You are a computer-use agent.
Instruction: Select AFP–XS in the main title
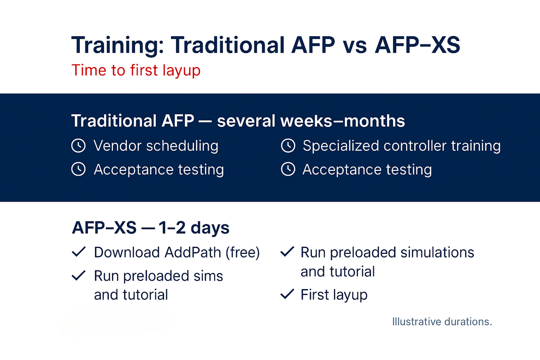click(x=417, y=45)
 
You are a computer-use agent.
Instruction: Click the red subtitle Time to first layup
click(x=136, y=71)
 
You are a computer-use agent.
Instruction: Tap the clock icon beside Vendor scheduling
click(x=78, y=146)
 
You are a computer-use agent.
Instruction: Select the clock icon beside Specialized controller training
click(x=288, y=146)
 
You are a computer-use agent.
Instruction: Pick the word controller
click(x=415, y=146)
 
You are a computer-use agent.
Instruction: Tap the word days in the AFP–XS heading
click(x=210, y=228)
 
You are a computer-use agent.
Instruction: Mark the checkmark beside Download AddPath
click(x=79, y=252)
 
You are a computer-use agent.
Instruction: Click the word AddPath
click(x=193, y=253)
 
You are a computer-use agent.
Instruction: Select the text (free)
click(x=243, y=253)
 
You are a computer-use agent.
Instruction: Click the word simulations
click(x=437, y=253)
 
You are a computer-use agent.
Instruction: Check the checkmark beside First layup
click(x=287, y=294)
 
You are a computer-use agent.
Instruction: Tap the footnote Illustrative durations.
click(x=442, y=322)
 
